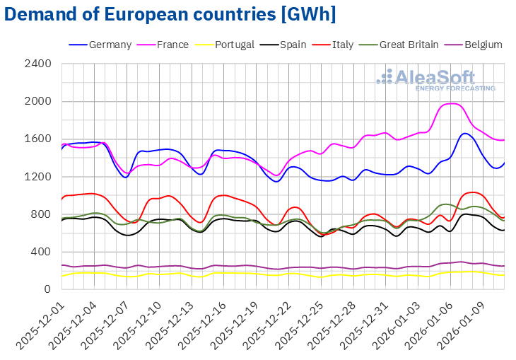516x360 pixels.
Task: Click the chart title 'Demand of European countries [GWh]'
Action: pyautogui.click(x=169, y=13)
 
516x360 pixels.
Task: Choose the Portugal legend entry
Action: pyautogui.click(x=225, y=45)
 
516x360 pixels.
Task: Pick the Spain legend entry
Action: pyautogui.click(x=282, y=45)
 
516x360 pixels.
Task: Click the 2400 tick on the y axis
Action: pyautogui.click(x=38, y=64)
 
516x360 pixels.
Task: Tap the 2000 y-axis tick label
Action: pyautogui.click(x=38, y=101)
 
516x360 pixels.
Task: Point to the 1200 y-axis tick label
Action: pyautogui.click(x=38, y=177)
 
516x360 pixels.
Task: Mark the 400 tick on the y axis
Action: pyautogui.click(x=41, y=252)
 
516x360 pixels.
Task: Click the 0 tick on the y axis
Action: pyautogui.click(x=47, y=289)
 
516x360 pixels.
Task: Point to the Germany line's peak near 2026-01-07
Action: pyautogui.click(x=465, y=133)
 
